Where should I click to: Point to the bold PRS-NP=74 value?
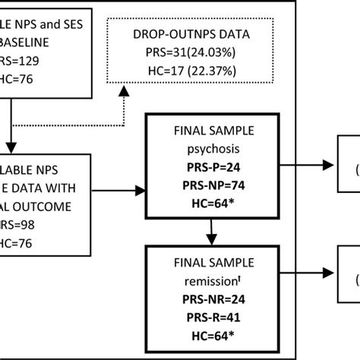[210, 185]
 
